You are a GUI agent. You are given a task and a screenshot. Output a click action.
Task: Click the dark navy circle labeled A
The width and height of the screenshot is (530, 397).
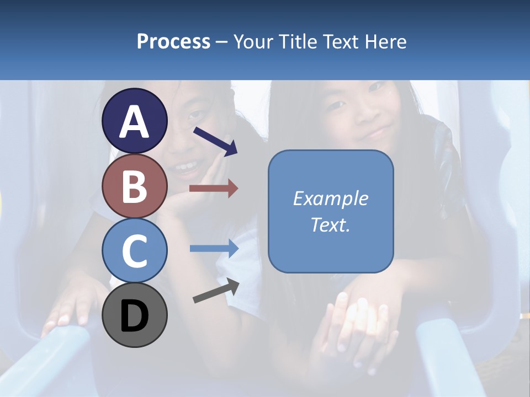[135, 121]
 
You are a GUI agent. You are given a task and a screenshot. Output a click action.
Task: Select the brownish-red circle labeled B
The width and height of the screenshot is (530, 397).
[135, 186]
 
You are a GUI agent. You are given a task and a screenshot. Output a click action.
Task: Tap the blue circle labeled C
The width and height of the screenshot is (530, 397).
[135, 251]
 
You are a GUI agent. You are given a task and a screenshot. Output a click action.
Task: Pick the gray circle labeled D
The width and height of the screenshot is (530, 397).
[135, 315]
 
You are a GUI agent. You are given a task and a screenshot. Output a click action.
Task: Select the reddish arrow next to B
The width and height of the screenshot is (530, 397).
[214, 189]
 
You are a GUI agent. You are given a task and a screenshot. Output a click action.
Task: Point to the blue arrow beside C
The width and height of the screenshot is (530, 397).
[214, 248]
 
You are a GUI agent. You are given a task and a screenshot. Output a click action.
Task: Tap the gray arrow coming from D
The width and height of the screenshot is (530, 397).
[216, 291]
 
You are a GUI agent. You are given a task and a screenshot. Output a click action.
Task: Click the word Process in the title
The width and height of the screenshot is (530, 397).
[173, 42]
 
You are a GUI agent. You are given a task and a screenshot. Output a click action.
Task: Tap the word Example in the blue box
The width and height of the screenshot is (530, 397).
[331, 198]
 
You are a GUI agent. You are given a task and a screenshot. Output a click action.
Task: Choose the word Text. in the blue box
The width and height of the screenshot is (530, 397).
[331, 225]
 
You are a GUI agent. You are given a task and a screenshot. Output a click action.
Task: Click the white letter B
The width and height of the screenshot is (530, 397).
[135, 186]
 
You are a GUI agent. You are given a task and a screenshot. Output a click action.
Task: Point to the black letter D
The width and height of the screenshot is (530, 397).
[135, 316]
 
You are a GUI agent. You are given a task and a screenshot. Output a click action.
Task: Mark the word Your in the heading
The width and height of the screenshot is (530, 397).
[252, 42]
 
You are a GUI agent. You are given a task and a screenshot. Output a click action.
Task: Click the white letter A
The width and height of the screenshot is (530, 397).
[135, 121]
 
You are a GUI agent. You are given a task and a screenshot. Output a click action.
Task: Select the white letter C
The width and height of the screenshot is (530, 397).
[135, 251]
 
